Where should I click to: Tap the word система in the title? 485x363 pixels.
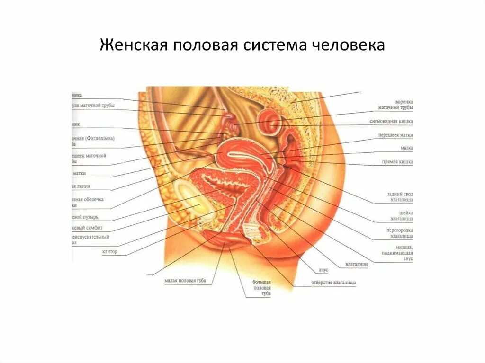[276, 46]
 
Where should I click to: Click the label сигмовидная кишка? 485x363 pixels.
[391, 122]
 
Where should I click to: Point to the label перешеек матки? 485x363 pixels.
[395, 135]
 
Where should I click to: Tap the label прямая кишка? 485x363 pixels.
[397, 162]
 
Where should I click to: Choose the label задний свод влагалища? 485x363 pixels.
[400, 197]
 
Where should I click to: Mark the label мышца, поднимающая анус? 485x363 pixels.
[402, 253]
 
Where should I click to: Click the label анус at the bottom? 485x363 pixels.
[323, 269]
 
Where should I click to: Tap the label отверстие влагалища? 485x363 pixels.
[333, 283]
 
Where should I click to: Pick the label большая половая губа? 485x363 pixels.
[261, 287]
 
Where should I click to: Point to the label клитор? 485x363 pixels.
[109, 252]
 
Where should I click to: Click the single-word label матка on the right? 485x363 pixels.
[406, 148]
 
